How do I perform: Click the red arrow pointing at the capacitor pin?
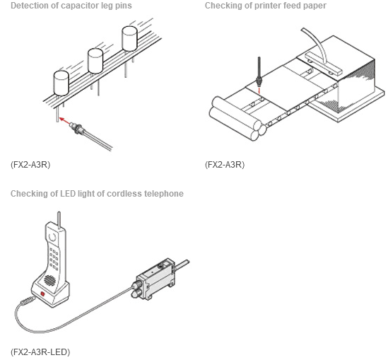tap(65, 121)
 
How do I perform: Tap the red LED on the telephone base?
tap(42, 294)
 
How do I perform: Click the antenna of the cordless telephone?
tap(59, 220)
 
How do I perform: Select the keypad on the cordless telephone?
tap(54, 258)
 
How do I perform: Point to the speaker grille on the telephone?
tap(49, 280)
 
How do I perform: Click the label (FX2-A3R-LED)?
tap(40, 352)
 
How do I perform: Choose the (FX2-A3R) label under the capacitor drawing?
tap(30, 164)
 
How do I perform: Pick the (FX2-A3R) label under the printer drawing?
tap(225, 164)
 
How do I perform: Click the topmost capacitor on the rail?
tap(129, 38)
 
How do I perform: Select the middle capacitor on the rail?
tap(95, 61)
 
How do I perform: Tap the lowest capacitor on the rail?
tap(61, 83)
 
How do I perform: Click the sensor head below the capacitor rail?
tap(77, 128)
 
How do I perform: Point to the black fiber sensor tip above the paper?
tap(259, 72)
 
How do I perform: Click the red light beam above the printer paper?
tap(259, 90)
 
